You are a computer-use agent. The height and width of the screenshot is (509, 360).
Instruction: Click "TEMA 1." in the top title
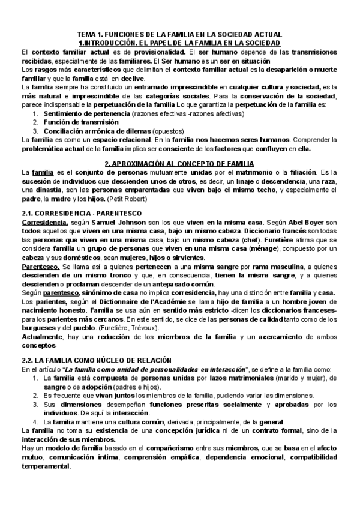[x=91, y=35]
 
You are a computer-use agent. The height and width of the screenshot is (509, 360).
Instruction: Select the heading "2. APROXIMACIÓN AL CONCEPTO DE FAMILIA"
[x=179, y=163]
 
